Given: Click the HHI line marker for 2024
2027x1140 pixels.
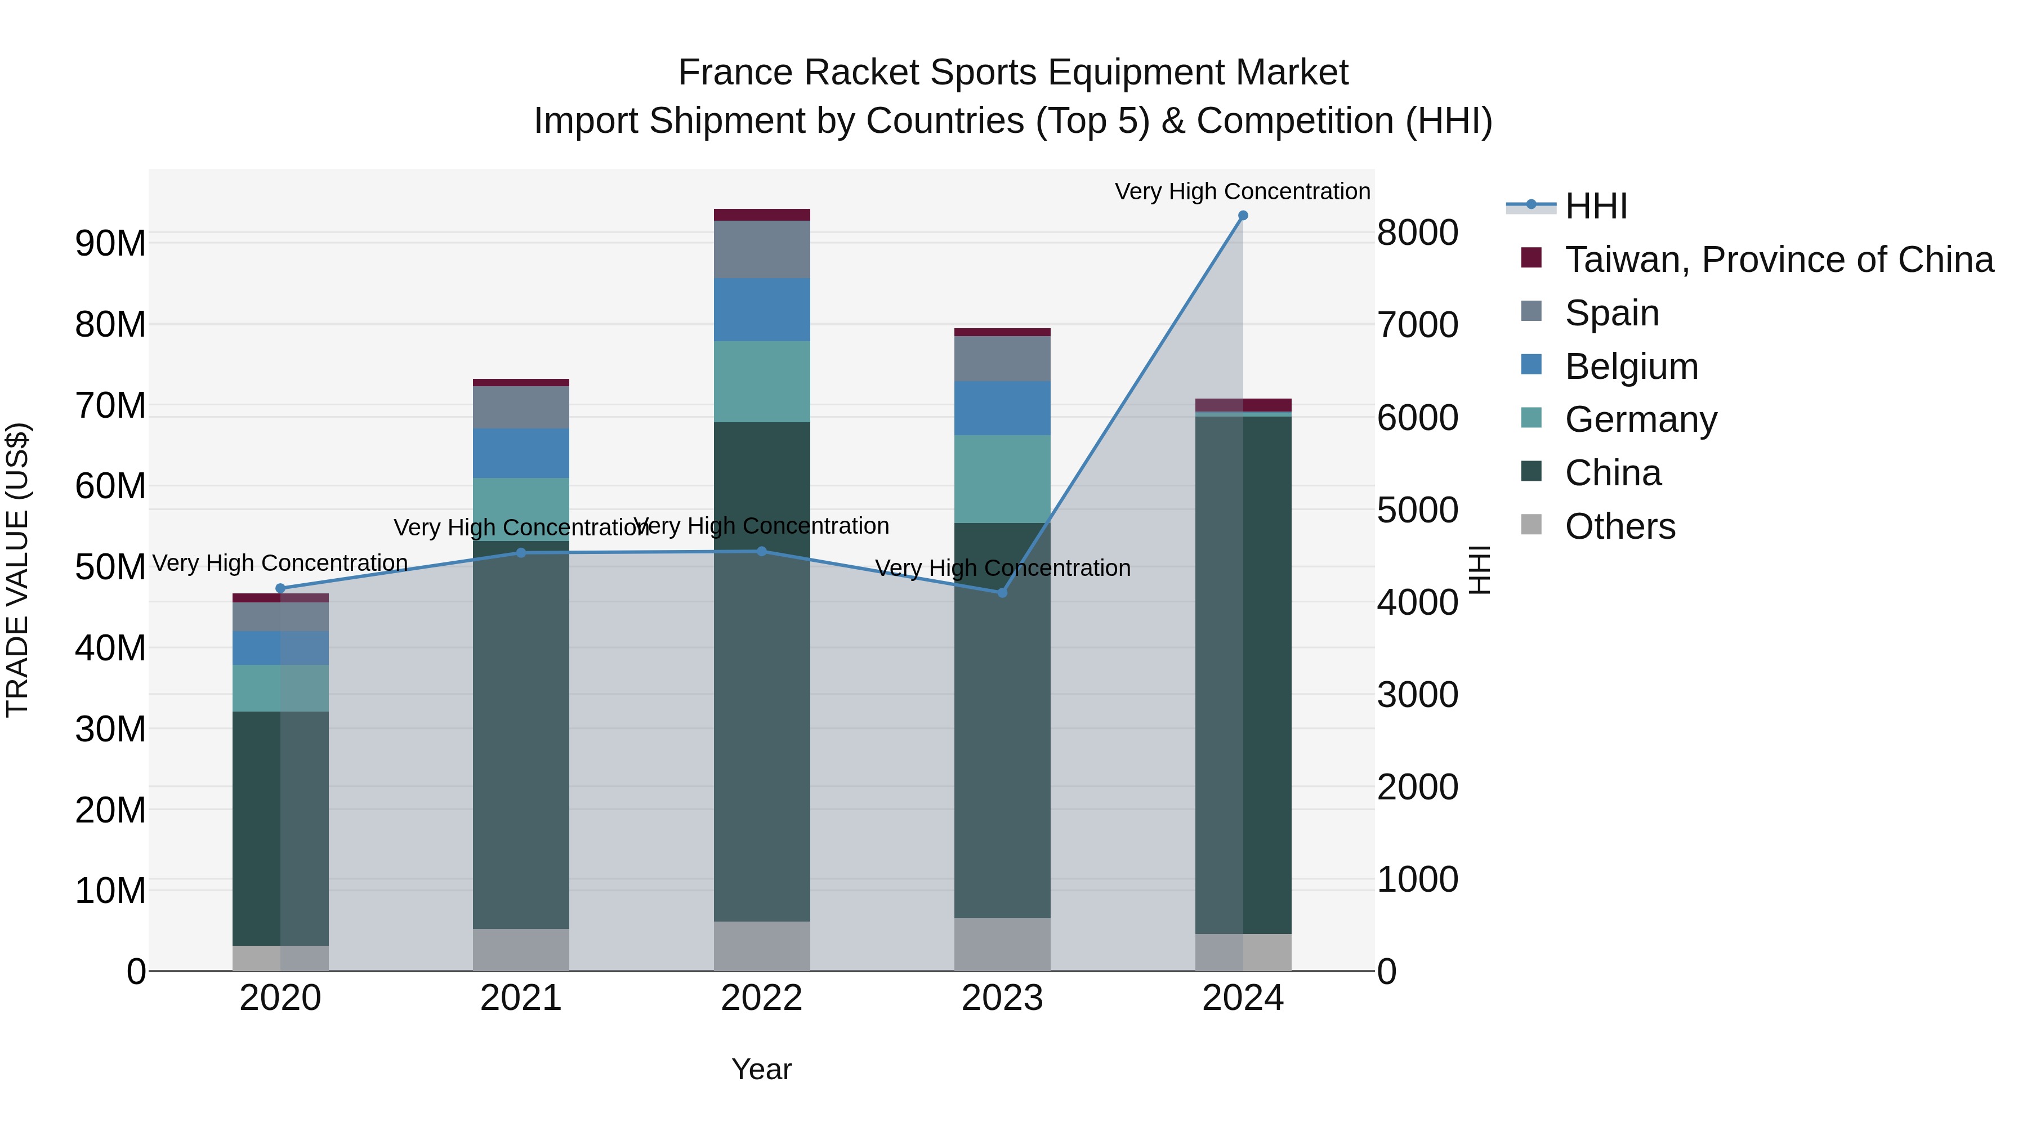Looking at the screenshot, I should (1243, 216).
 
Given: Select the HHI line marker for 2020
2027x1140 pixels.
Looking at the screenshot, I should (280, 588).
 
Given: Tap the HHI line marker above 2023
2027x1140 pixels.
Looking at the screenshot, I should (1002, 592).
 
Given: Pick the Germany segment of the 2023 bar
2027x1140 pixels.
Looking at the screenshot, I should (1002, 479).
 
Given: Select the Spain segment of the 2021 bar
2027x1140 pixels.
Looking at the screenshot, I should (520, 407).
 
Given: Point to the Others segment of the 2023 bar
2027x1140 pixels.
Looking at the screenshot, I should (1002, 944).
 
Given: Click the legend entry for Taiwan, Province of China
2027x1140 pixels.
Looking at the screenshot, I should (1778, 260).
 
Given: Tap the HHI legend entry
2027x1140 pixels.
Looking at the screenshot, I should (1595, 206).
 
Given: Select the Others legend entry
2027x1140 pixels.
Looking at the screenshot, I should (1619, 526).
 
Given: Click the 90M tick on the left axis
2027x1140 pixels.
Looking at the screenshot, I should (110, 243).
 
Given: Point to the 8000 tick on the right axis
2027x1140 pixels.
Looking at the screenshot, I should (1417, 233).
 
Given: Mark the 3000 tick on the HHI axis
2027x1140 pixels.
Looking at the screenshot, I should (1417, 695).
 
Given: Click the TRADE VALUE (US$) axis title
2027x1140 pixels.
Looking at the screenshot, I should (17, 570).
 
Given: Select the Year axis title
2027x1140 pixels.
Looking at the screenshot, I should (761, 1069).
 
